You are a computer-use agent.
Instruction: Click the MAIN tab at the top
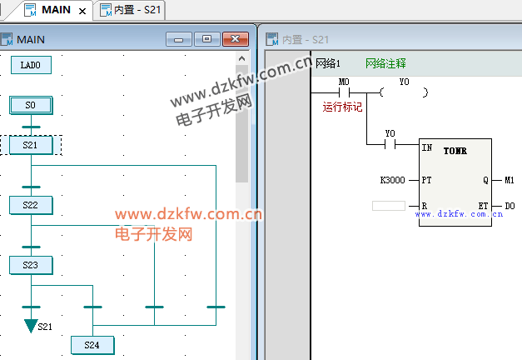click(x=55, y=10)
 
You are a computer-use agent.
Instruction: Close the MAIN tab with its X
click(x=82, y=11)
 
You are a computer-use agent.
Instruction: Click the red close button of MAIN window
click(x=236, y=39)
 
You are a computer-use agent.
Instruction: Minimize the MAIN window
click(x=179, y=39)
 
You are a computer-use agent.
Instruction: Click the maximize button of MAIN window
click(x=206, y=39)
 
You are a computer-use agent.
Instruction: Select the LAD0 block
click(x=31, y=64)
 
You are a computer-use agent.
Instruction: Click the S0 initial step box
click(x=31, y=105)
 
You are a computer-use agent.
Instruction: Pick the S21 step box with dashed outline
click(x=31, y=145)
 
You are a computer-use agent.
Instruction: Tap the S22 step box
click(x=31, y=205)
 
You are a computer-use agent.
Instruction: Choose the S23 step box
click(x=31, y=265)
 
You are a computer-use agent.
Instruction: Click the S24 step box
click(x=92, y=345)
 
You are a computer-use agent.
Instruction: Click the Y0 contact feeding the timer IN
click(x=390, y=144)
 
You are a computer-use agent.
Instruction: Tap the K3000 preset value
click(x=392, y=180)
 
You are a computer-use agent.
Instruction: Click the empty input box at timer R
click(x=389, y=205)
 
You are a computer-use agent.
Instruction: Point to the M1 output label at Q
click(x=510, y=180)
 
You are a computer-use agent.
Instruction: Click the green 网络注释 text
click(x=385, y=63)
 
